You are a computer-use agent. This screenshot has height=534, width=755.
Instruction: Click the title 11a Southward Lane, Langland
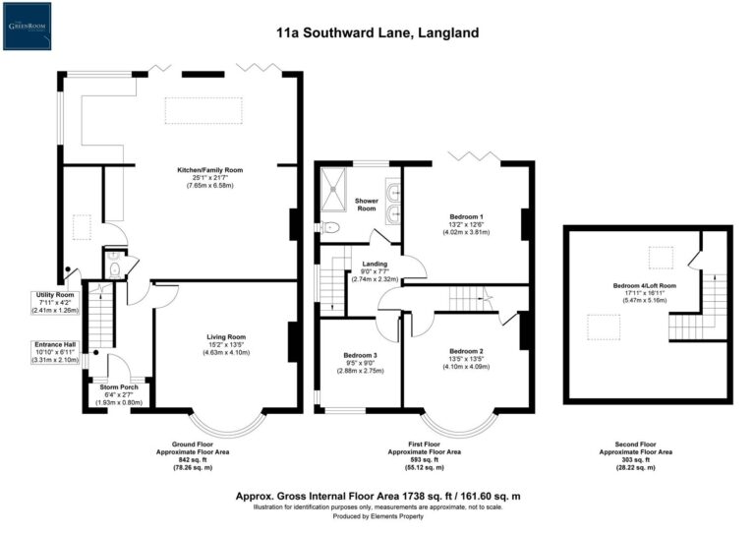click(377, 32)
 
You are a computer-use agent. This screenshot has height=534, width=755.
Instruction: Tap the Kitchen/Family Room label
click(209, 169)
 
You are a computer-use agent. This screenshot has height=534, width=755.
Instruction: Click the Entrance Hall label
click(52, 345)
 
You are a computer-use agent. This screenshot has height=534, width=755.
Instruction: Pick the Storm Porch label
click(118, 387)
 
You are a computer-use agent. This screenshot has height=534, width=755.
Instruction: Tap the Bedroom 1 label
click(466, 215)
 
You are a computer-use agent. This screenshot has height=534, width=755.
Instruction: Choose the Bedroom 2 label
click(466, 351)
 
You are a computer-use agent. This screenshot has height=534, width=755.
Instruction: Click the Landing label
click(374, 264)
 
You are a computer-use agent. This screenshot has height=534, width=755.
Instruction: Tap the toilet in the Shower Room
click(331, 227)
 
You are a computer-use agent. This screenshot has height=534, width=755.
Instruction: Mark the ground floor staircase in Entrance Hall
click(95, 320)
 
